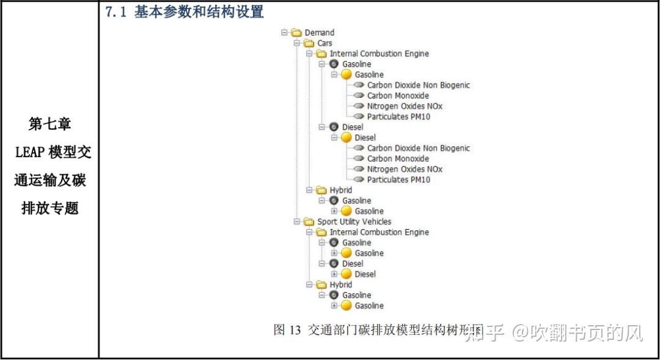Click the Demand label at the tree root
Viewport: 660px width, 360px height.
click(x=319, y=32)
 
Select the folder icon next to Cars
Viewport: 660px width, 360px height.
click(x=309, y=43)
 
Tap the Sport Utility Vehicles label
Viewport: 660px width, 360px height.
click(x=354, y=222)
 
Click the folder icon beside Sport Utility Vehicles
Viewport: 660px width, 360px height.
click(x=309, y=222)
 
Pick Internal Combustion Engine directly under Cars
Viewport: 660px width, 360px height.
click(x=379, y=54)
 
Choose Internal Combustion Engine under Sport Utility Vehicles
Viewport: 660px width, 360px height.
click(x=379, y=232)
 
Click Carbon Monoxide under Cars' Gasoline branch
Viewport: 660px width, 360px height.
click(x=398, y=96)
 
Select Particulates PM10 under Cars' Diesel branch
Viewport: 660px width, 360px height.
click(x=398, y=180)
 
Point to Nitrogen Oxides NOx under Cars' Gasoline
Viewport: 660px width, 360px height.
click(x=405, y=106)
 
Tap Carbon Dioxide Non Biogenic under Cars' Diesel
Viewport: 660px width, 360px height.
click(x=418, y=149)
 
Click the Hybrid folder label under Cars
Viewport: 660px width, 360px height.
click(x=340, y=190)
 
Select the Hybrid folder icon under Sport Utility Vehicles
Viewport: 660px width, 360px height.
click(x=321, y=285)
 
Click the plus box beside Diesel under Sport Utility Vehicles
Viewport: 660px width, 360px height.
click(x=334, y=274)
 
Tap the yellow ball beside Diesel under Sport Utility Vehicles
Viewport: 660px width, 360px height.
click(x=346, y=274)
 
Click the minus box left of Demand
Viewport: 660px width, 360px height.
click(x=284, y=32)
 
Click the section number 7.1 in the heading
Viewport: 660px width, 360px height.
click(x=116, y=12)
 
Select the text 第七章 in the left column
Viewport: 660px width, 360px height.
click(x=50, y=124)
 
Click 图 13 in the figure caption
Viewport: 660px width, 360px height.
click(x=287, y=331)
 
